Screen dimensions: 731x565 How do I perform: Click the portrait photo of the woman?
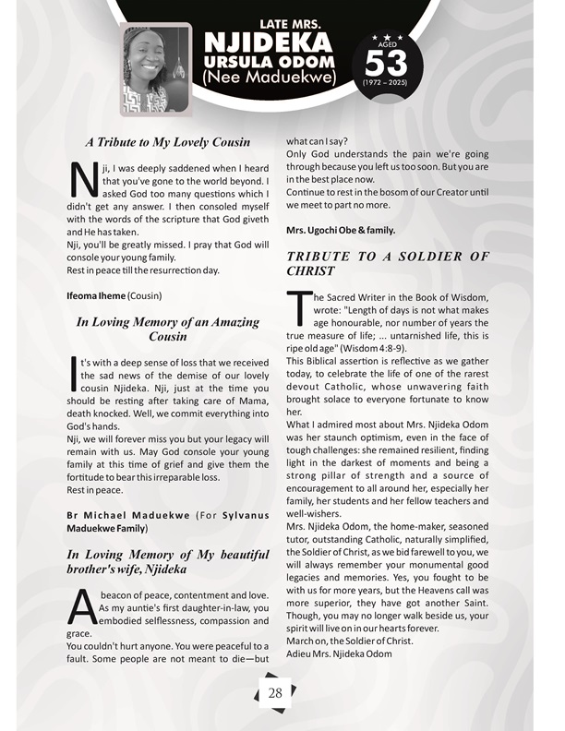pyautogui.click(x=156, y=67)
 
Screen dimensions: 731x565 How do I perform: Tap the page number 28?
pyautogui.click(x=275, y=693)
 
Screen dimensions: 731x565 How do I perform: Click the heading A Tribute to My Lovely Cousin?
pyautogui.click(x=168, y=142)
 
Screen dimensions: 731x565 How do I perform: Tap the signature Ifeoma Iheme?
pyautogui.click(x=95, y=296)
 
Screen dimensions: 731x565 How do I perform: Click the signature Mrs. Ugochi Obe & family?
pyautogui.click(x=341, y=228)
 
